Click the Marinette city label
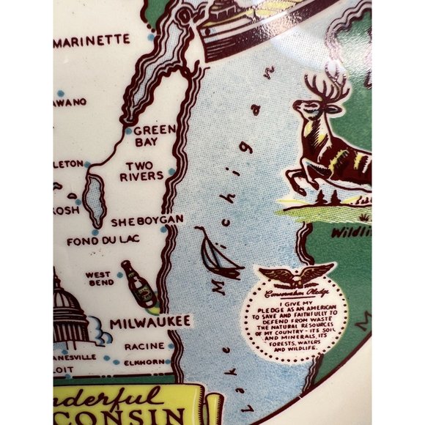point(92,40)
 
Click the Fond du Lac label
point(97,241)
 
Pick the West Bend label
point(97,279)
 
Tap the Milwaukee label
point(150,321)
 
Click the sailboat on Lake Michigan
point(220,253)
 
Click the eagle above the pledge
point(297,276)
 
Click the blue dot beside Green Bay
point(128,132)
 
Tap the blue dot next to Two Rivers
point(171,171)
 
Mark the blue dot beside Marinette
point(149,36)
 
